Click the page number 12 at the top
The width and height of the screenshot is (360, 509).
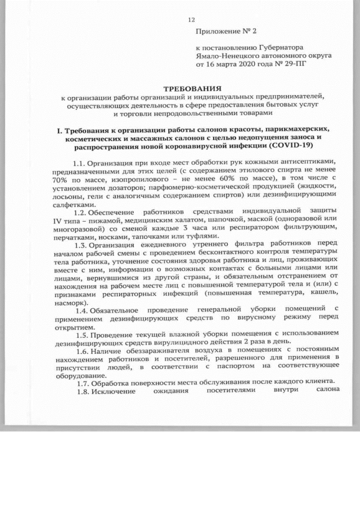point(191,21)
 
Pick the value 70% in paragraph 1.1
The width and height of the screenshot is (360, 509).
point(60,178)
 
